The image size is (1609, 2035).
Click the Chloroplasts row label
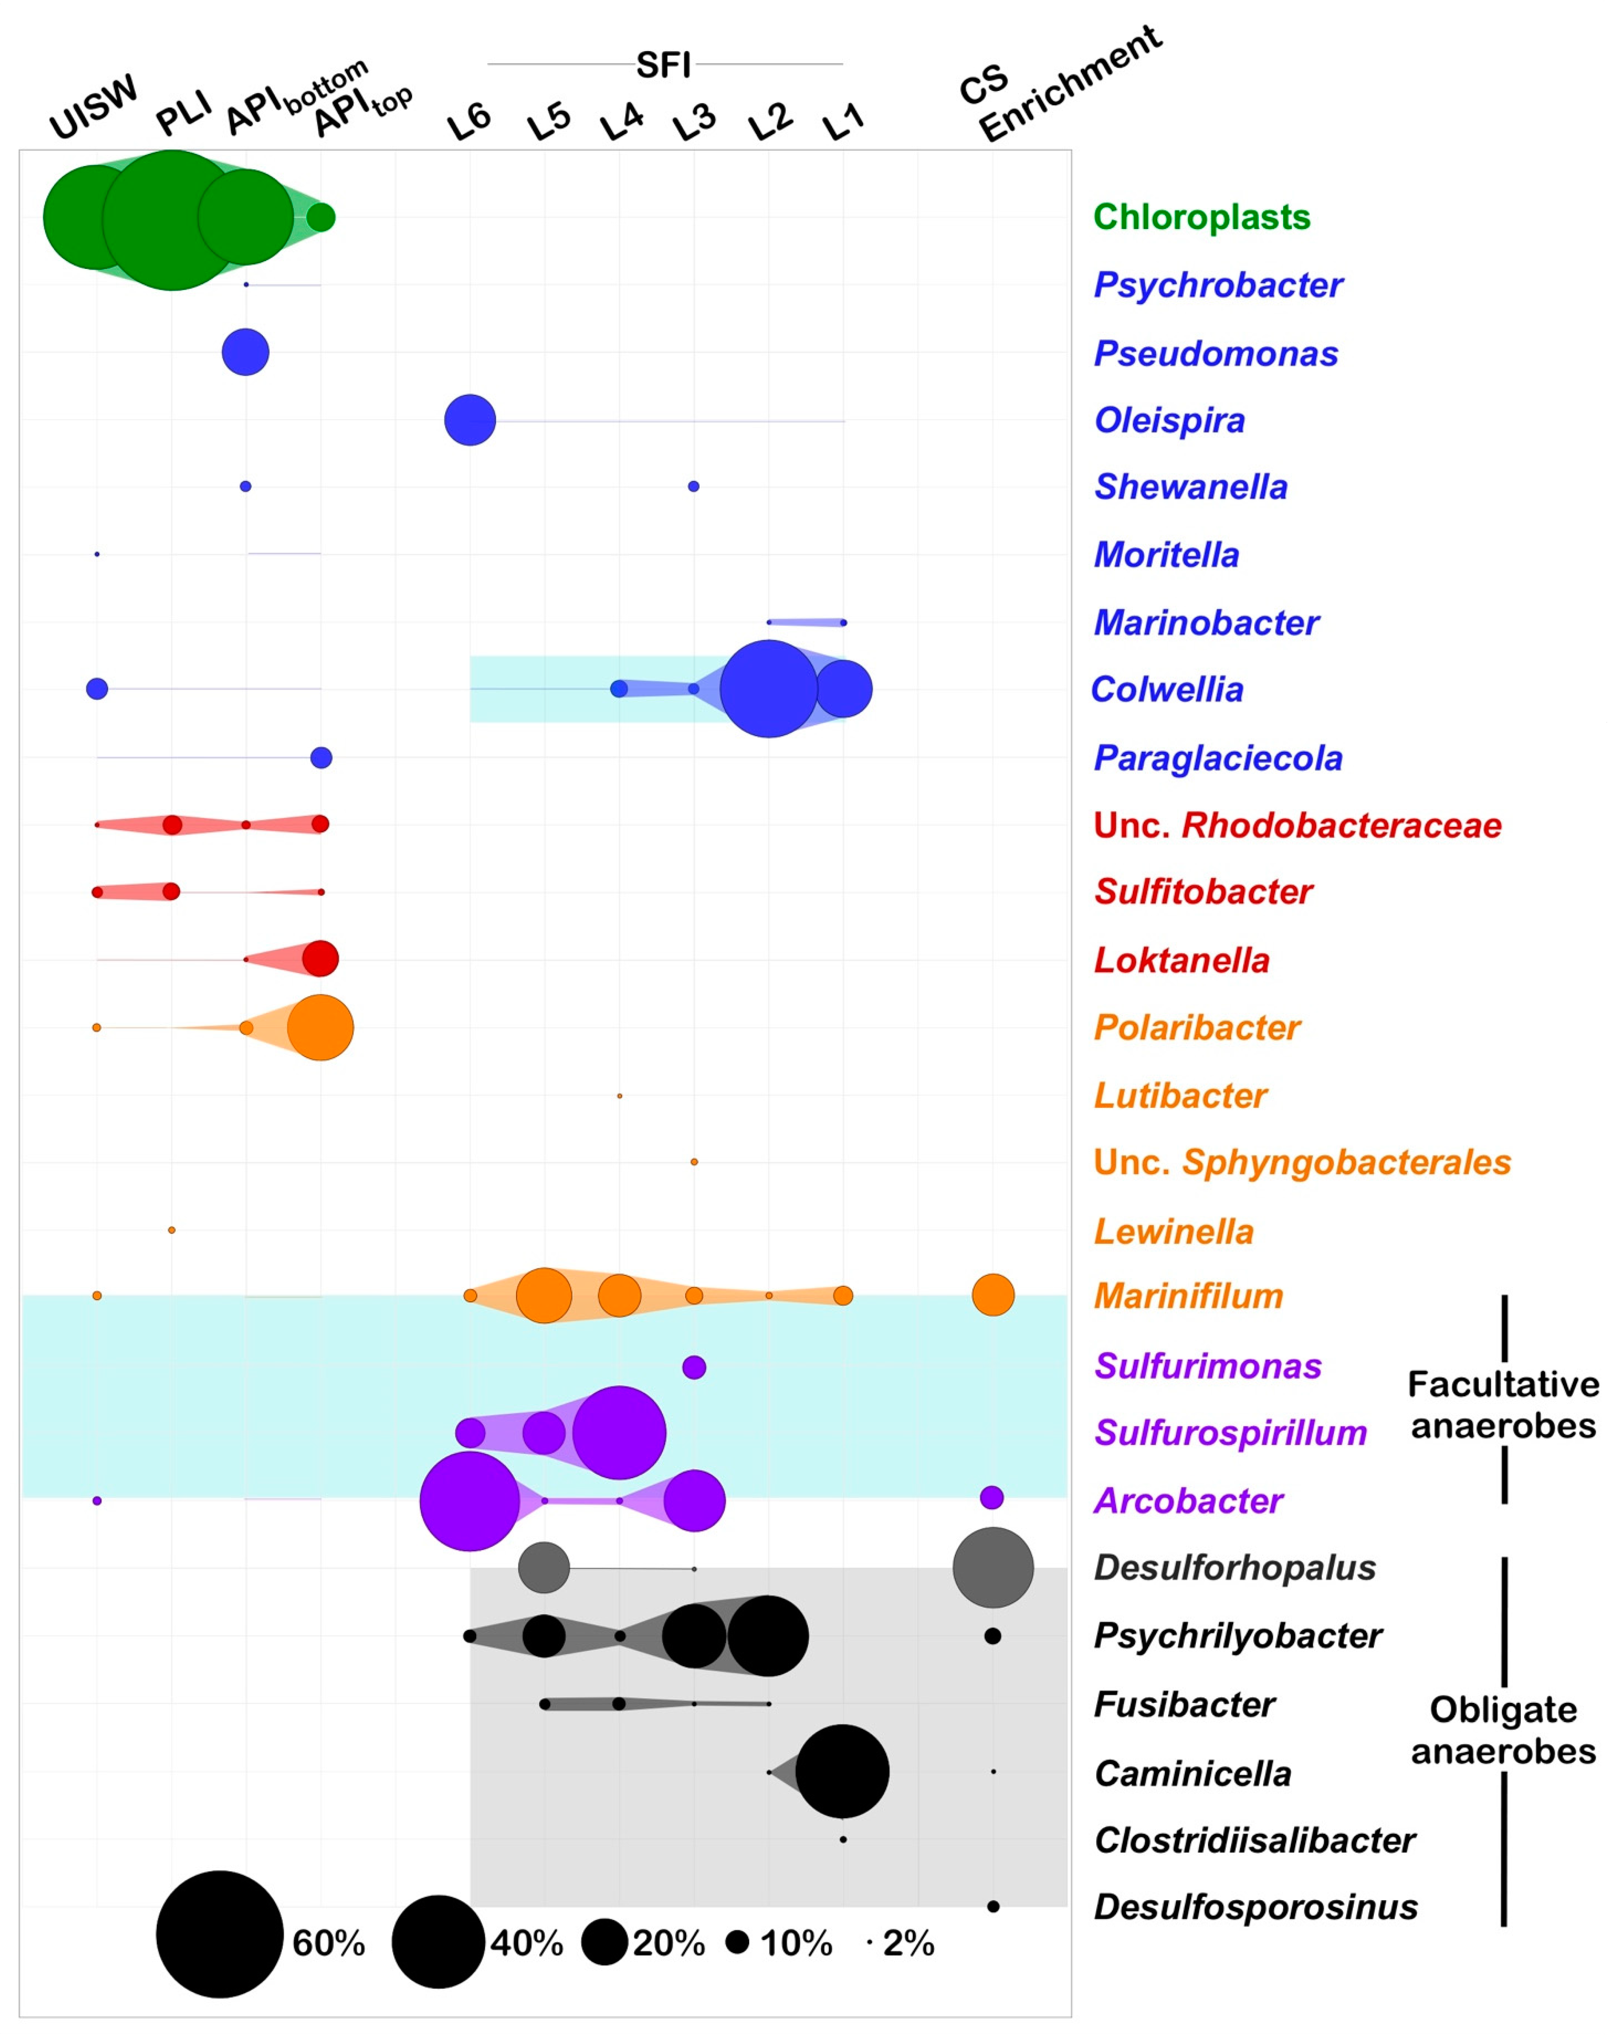pyautogui.click(x=1201, y=216)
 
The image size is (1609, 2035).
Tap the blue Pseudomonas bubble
pyautogui.click(x=245, y=352)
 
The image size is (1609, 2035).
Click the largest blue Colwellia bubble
pyautogui.click(x=769, y=688)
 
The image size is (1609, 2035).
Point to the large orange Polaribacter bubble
pyautogui.click(x=320, y=1027)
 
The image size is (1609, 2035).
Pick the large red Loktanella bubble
pyautogui.click(x=320, y=959)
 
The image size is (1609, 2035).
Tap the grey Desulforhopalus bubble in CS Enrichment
pyautogui.click(x=993, y=1568)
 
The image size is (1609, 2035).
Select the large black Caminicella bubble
pyautogui.click(x=842, y=1771)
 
